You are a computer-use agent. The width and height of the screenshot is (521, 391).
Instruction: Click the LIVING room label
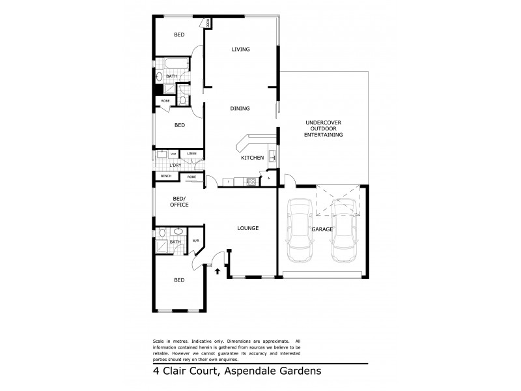tap(240, 50)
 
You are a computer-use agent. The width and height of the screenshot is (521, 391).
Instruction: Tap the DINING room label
tap(240, 109)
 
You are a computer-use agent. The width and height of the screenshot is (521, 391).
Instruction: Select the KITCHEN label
tap(252, 158)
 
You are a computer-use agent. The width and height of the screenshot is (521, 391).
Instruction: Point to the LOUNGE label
tap(247, 228)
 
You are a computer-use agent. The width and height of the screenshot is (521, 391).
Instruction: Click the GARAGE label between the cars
tap(322, 229)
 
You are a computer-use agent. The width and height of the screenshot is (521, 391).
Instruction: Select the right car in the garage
tap(343, 231)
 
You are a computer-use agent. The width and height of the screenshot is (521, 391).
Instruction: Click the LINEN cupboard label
tap(191, 154)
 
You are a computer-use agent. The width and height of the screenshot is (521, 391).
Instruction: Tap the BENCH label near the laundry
tap(166, 177)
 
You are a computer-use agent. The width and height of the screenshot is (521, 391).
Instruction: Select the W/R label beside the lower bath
tap(195, 242)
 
